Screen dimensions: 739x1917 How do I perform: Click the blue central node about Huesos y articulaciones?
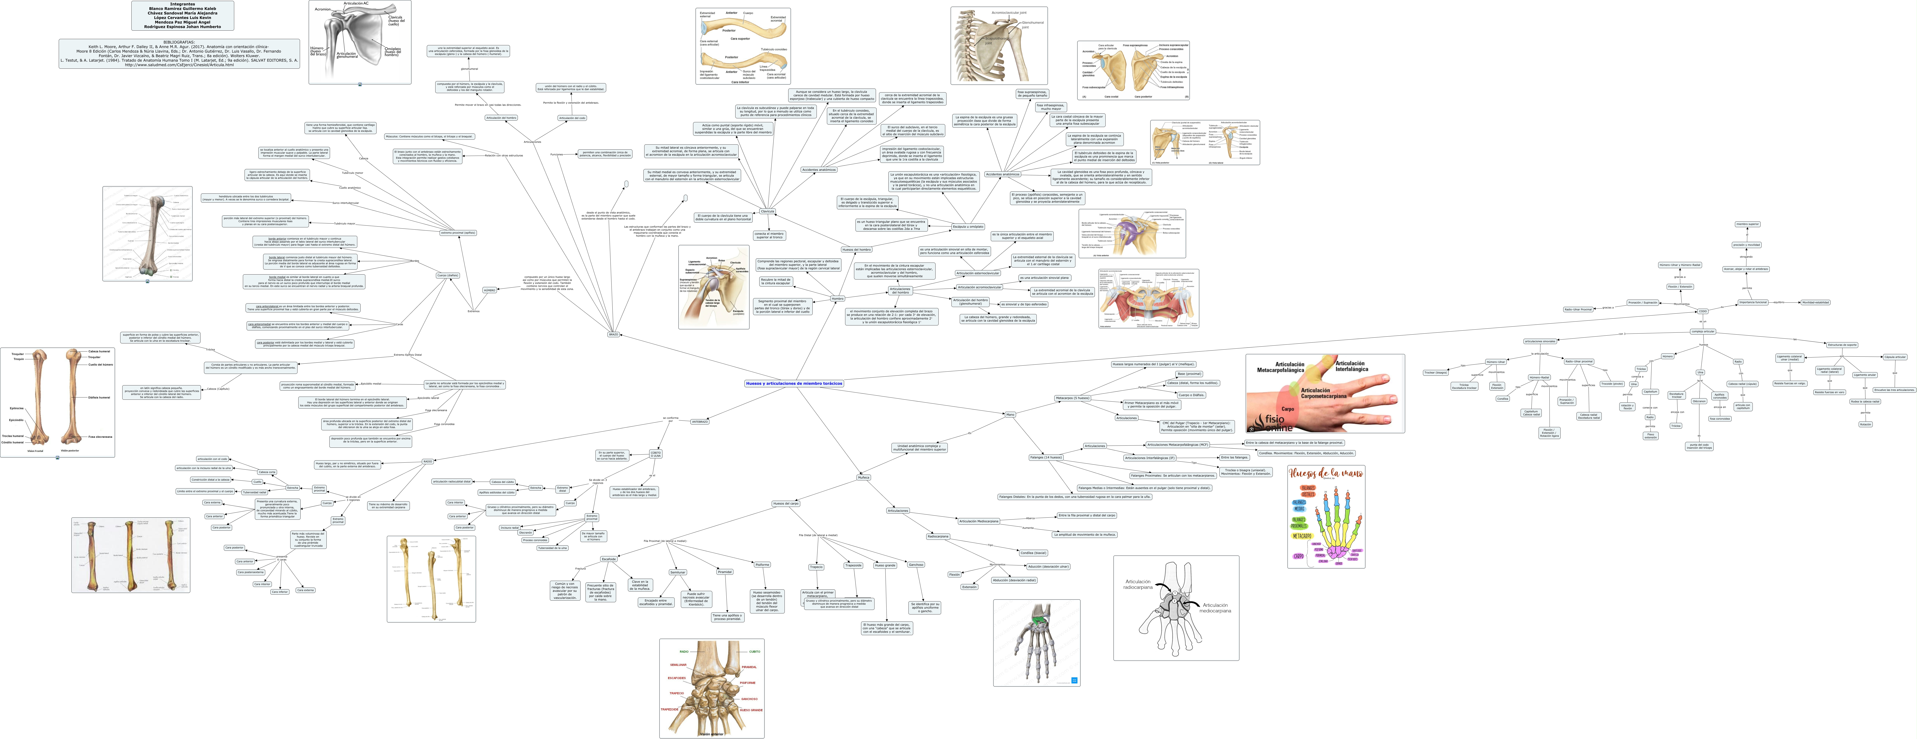click(x=794, y=383)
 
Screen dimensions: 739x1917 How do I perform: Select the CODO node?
click(x=1703, y=311)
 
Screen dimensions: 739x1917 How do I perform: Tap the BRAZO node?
click(x=613, y=334)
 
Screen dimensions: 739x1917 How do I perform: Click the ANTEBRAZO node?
click(x=699, y=421)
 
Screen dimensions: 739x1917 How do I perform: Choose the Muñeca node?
click(x=863, y=477)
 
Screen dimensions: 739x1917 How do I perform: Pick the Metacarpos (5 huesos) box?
click(x=1072, y=398)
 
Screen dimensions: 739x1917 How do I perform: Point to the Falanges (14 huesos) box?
click(x=1046, y=457)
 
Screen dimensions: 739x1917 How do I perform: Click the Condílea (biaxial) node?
click(x=1033, y=553)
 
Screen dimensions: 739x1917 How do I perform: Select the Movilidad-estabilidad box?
click(x=1815, y=302)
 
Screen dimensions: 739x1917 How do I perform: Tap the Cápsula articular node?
click(x=1895, y=357)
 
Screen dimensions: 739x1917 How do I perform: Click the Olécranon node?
click(x=1699, y=401)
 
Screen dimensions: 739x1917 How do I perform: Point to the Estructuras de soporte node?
click(x=1842, y=344)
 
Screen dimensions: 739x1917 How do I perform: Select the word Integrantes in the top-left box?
click(x=182, y=4)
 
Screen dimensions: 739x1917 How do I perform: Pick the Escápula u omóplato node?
click(x=967, y=226)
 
